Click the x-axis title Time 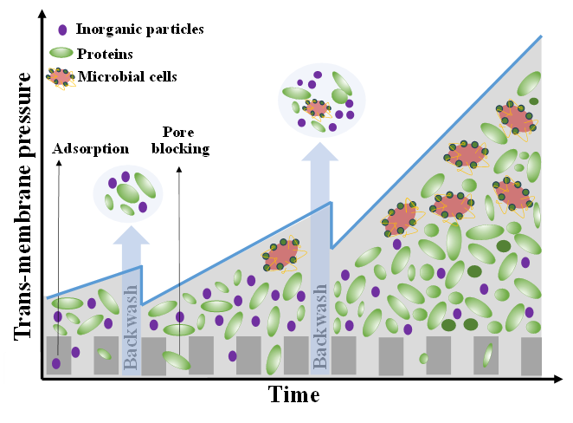tap(294, 395)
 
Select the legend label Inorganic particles tap(140, 29)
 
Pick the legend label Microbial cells tap(127, 77)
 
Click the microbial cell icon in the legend tap(61, 77)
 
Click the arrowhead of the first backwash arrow tap(131, 235)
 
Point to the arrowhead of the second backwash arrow tap(319, 146)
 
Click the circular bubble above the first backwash tap(127, 192)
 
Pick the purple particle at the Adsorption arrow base tap(56, 363)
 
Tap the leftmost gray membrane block tap(58, 355)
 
